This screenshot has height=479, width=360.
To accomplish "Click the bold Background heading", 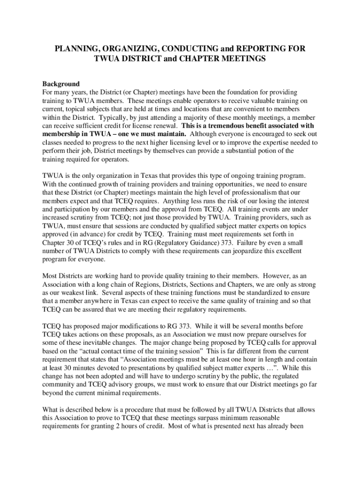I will coord(61,84).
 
